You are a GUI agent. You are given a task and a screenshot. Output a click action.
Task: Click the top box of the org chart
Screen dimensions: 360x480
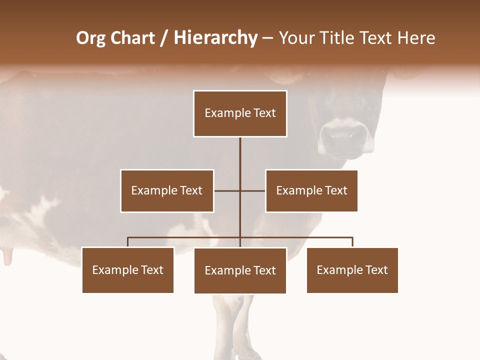click(240, 113)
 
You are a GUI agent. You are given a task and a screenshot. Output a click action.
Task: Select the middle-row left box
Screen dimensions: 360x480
click(167, 190)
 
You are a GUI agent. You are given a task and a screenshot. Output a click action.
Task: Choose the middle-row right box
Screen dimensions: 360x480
click(311, 190)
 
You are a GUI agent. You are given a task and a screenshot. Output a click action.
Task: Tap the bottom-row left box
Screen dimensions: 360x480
click(128, 270)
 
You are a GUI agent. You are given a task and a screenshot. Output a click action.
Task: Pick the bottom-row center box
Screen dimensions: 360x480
click(240, 270)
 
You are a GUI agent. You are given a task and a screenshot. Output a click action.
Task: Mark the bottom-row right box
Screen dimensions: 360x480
click(352, 270)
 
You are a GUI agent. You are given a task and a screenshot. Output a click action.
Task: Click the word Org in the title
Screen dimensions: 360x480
click(91, 38)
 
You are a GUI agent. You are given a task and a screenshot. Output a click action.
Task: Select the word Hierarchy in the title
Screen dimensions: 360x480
click(215, 38)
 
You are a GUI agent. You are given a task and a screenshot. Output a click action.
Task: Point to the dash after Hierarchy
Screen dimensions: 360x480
click(267, 38)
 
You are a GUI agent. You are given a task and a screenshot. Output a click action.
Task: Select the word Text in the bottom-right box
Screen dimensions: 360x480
click(376, 270)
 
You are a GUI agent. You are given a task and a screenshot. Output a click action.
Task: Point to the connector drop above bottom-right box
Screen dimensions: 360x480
click(352, 242)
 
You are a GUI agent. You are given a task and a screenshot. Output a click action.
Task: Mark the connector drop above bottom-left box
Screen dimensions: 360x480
click(128, 242)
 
